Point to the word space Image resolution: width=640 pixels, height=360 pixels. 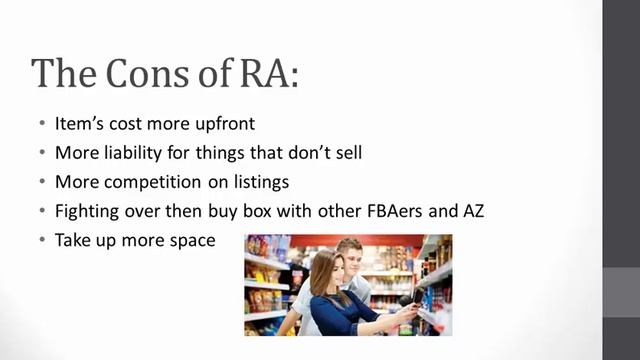coord(189,240)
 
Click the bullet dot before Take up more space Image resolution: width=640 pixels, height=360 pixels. coord(42,240)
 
